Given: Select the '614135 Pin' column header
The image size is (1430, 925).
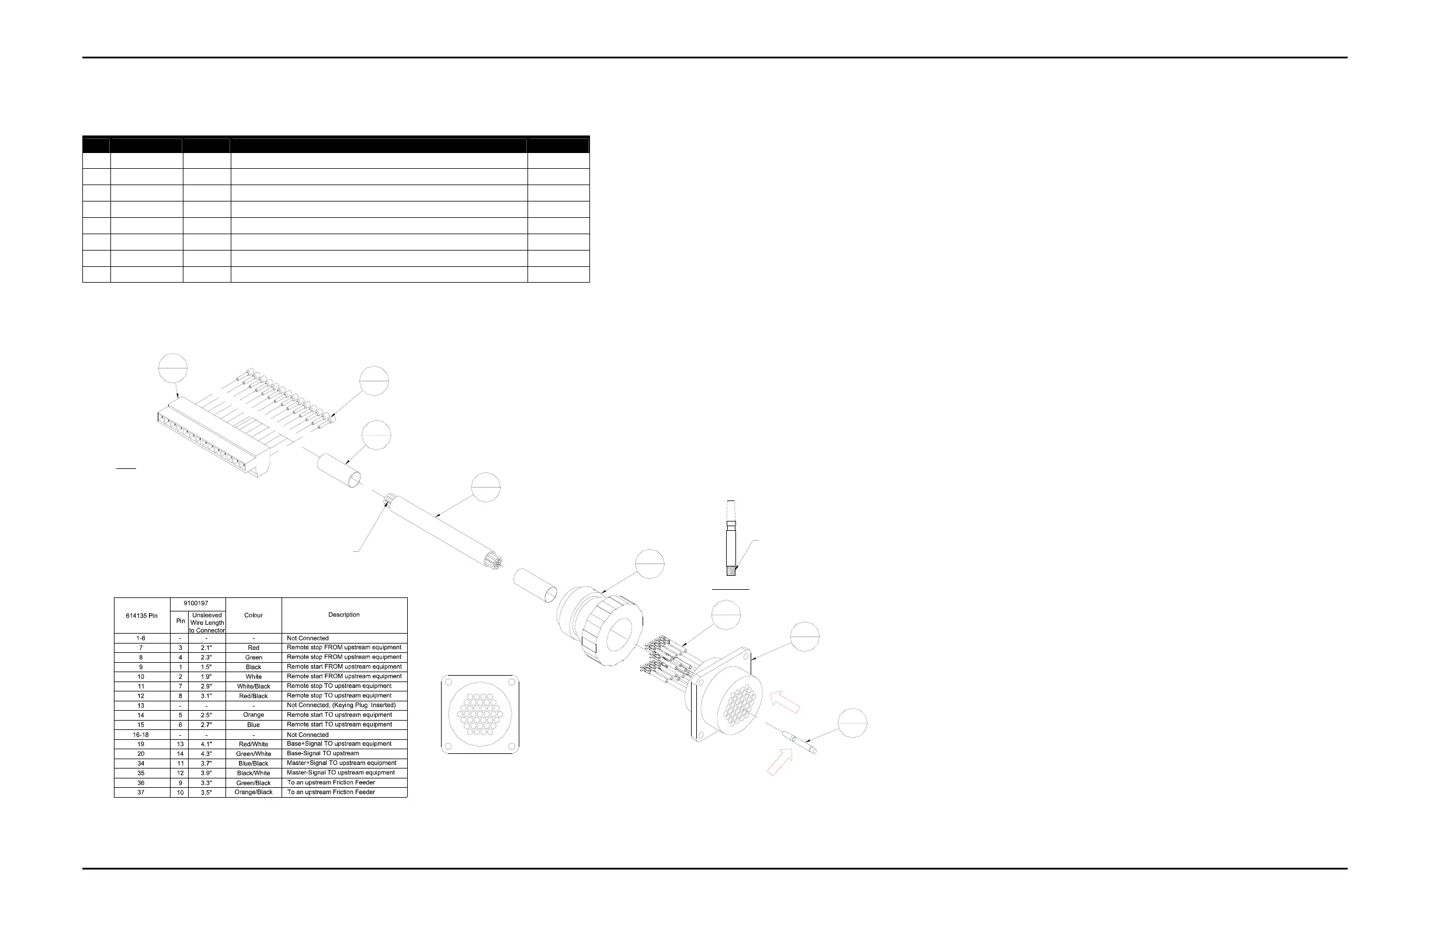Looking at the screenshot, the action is (142, 615).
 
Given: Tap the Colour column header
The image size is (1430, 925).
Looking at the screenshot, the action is (254, 615).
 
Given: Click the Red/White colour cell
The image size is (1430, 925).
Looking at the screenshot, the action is (254, 744).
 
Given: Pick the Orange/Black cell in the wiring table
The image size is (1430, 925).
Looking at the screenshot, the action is (254, 792).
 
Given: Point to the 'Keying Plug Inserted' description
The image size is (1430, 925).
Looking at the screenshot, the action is (341, 705).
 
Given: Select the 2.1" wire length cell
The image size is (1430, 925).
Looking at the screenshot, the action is (206, 648).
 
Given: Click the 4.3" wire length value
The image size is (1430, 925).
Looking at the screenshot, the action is (206, 754).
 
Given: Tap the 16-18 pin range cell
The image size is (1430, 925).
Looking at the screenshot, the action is (141, 735).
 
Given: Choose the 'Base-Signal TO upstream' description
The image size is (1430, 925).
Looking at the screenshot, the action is (322, 753).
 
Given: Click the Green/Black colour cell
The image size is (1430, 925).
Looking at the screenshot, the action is (254, 783).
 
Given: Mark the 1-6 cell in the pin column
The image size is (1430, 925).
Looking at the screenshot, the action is (141, 638).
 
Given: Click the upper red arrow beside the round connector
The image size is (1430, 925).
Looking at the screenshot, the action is (785, 701).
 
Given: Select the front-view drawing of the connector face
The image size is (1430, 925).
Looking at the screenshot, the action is (480, 714).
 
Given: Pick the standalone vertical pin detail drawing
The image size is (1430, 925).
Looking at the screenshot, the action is (731, 538).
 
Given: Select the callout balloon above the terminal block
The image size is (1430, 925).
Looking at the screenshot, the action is (173, 367).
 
